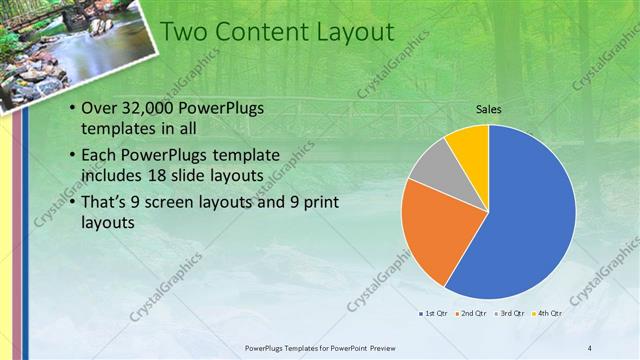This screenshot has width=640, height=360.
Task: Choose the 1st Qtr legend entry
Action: (x=435, y=314)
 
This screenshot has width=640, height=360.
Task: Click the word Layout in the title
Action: (x=355, y=32)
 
